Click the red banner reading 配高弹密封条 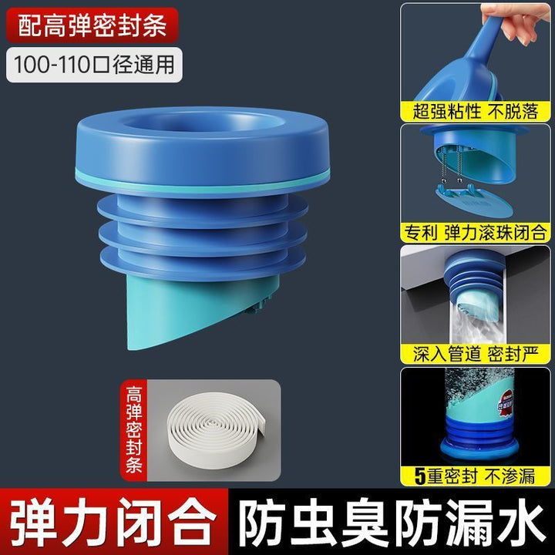(x=92, y=25)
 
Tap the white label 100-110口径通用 (x=94, y=65)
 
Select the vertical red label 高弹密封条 (x=134, y=430)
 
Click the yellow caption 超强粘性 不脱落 (x=476, y=111)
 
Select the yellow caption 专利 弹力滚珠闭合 (x=476, y=233)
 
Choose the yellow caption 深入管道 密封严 (x=476, y=353)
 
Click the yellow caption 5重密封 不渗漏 (x=476, y=476)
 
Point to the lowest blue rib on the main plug (x=203, y=264)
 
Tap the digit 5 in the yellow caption (x=420, y=476)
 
